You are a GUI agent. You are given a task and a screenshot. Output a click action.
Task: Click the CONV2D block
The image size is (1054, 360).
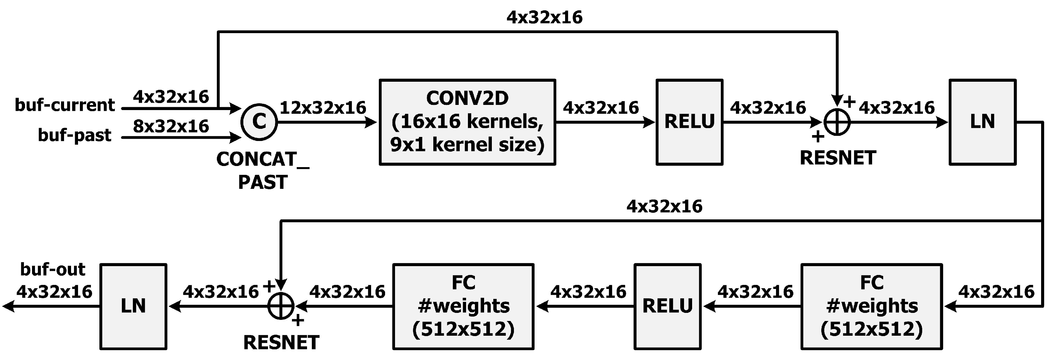click(x=467, y=122)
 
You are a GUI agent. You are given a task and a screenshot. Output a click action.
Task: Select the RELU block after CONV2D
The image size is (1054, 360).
click(x=690, y=122)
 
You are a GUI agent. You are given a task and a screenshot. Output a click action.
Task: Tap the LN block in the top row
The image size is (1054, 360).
click(x=983, y=122)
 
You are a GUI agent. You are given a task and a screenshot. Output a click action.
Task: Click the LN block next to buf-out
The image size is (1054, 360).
click(x=133, y=306)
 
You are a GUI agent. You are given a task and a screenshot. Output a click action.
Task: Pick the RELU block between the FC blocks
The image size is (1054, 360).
click(x=667, y=306)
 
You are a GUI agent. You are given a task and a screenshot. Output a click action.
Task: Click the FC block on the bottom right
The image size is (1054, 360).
click(x=871, y=306)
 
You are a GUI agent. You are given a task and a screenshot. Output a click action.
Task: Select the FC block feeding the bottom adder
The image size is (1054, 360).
click(x=463, y=306)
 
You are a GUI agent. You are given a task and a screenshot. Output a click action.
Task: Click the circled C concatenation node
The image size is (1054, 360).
click(x=259, y=122)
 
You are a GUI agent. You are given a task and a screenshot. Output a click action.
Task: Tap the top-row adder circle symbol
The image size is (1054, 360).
click(x=837, y=122)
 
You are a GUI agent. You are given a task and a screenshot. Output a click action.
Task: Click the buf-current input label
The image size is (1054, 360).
click(x=65, y=105)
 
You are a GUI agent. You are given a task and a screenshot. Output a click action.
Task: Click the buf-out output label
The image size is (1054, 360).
click(x=52, y=269)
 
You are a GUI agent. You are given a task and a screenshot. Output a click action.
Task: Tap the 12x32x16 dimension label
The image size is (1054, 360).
click(x=322, y=107)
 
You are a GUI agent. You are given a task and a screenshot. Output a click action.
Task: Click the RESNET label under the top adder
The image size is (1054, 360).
click(x=838, y=158)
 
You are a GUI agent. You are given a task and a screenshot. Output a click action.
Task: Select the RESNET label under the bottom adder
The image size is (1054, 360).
click(x=281, y=343)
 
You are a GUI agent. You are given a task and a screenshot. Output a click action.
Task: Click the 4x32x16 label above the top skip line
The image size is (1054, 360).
click(x=544, y=17)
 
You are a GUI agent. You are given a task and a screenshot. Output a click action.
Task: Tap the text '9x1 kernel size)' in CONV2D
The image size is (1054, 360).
click(x=467, y=145)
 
